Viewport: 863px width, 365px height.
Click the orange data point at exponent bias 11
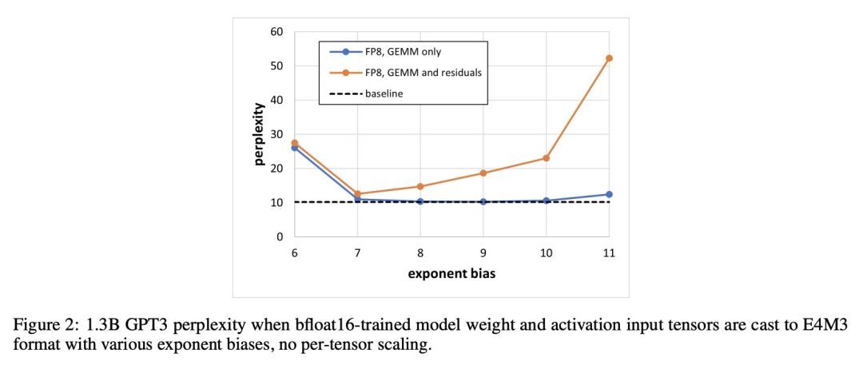pos(609,58)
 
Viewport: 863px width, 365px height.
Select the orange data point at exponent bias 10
pos(546,158)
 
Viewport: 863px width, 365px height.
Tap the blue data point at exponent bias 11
pos(609,194)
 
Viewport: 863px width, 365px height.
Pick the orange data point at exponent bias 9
pos(483,173)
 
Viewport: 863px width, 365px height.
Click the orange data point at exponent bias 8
pos(420,186)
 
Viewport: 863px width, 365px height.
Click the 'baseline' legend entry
pos(384,93)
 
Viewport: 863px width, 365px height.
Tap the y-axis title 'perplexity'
pos(260,133)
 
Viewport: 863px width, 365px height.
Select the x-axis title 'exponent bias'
pos(451,274)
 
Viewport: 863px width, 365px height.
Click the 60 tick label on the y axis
pos(276,32)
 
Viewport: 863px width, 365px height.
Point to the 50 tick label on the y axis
pos(276,66)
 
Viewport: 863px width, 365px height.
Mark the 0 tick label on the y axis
pos(280,237)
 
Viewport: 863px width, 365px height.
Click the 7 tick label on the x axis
pos(357,252)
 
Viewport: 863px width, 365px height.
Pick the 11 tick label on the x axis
pos(609,252)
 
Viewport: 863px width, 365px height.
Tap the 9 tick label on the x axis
pos(483,252)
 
